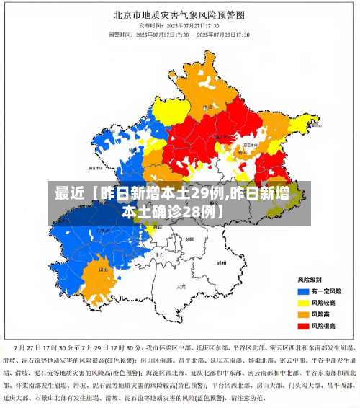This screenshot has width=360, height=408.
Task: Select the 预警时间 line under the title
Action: [x=180, y=34]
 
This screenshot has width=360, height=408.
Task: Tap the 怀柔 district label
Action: [x=207, y=109]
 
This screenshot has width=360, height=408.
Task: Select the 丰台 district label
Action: [x=161, y=254]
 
